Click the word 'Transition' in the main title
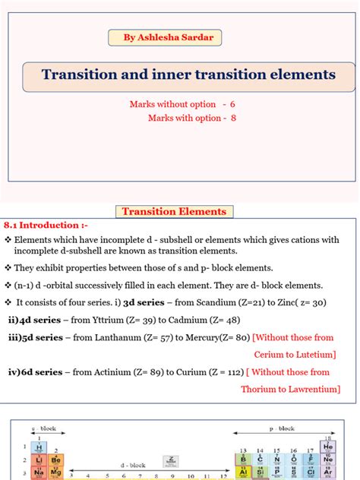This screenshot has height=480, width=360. pyautogui.click(x=77, y=75)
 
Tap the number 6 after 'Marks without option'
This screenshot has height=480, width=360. pyautogui.click(x=242, y=104)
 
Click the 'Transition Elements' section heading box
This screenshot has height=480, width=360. pyautogui.click(x=175, y=212)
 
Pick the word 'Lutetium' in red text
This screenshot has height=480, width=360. pyautogui.click(x=314, y=355)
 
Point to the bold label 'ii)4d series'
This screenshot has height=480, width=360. pyautogui.click(x=34, y=320)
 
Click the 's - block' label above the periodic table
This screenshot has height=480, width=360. pyautogui.click(x=43, y=429)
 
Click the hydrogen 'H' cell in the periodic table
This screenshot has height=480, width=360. pyautogui.click(x=38, y=448)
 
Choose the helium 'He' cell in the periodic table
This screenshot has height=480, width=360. pyautogui.click(x=327, y=448)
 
